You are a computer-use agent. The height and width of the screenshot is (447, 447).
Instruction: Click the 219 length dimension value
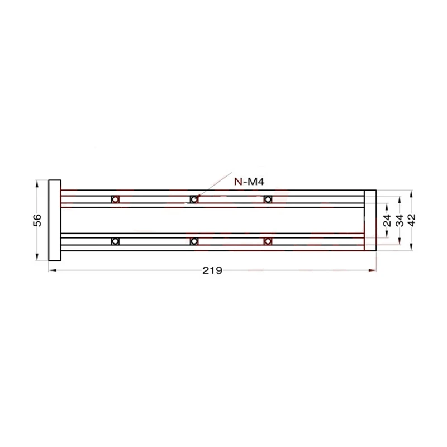tap(212, 270)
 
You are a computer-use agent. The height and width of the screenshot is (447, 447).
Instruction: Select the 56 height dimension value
tap(37, 220)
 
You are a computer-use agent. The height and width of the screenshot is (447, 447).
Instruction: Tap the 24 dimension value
tap(387, 220)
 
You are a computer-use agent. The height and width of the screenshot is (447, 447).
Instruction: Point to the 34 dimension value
tap(400, 220)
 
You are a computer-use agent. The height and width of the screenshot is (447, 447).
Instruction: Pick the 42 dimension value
tap(411, 220)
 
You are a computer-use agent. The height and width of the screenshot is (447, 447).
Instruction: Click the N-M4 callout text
tap(249, 182)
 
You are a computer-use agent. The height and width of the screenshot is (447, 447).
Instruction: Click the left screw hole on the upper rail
tap(115, 199)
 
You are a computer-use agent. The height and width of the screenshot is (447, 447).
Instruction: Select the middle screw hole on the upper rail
tap(194, 199)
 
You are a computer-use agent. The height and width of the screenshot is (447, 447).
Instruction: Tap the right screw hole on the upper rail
tap(268, 199)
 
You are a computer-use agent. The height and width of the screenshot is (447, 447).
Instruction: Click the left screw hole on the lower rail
tap(115, 241)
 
